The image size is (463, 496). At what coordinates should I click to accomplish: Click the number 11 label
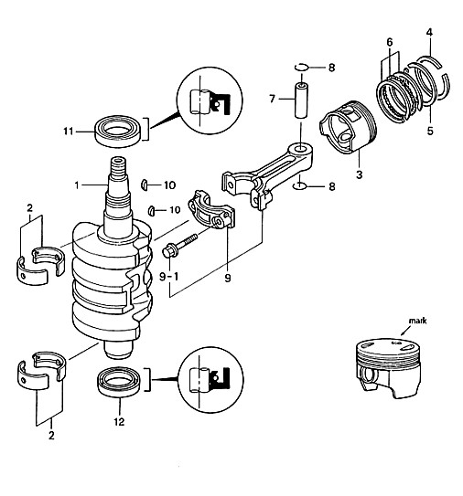click(x=69, y=131)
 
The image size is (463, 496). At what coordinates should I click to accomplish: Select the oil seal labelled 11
click(x=118, y=131)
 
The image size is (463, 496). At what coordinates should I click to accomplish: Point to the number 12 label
click(x=119, y=421)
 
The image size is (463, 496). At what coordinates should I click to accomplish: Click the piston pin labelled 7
click(x=301, y=100)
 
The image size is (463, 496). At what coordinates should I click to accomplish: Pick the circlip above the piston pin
click(x=301, y=67)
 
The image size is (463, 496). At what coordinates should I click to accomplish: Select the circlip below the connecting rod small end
click(x=299, y=186)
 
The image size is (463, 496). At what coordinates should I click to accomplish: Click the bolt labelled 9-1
click(x=179, y=246)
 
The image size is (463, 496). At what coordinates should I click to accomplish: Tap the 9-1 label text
click(x=168, y=277)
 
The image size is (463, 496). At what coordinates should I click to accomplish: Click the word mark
click(x=417, y=321)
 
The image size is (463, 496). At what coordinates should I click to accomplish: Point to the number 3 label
click(x=359, y=174)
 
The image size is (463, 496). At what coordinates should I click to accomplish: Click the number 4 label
click(x=429, y=32)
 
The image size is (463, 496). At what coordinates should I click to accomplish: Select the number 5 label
click(x=430, y=131)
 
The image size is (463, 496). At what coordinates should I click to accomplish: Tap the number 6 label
click(x=390, y=42)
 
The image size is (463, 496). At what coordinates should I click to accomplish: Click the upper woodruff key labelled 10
click(x=145, y=185)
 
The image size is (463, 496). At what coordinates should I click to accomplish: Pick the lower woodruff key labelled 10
click(x=152, y=211)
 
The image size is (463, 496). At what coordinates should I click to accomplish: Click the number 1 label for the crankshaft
click(x=77, y=185)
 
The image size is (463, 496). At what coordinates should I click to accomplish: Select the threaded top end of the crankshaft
click(x=119, y=168)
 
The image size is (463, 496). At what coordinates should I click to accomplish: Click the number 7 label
click(x=272, y=99)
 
